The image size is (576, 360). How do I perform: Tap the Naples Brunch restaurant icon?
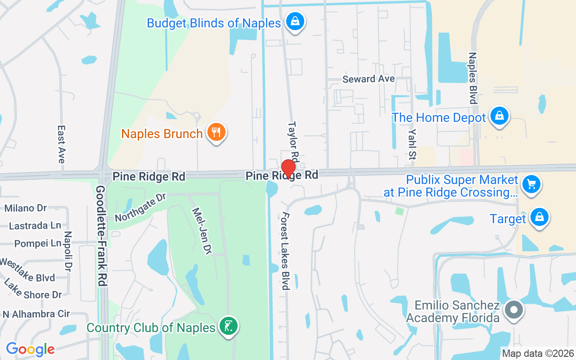216,133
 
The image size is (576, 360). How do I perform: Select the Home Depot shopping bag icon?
499,116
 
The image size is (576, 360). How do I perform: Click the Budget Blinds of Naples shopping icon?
295,21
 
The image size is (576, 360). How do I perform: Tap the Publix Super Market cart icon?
531,184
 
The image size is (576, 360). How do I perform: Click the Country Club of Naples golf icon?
228,326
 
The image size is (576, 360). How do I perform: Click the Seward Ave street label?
369,79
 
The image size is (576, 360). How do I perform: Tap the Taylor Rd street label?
293,141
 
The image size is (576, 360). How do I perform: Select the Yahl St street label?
412,143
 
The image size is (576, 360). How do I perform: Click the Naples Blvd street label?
472,78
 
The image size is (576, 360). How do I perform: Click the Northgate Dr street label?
140,208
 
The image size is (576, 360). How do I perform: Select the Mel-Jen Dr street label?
202,229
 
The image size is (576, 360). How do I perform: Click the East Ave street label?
61,144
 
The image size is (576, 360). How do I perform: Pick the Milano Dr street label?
26,208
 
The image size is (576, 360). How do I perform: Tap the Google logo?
30,349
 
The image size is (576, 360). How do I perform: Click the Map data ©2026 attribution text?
538,353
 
